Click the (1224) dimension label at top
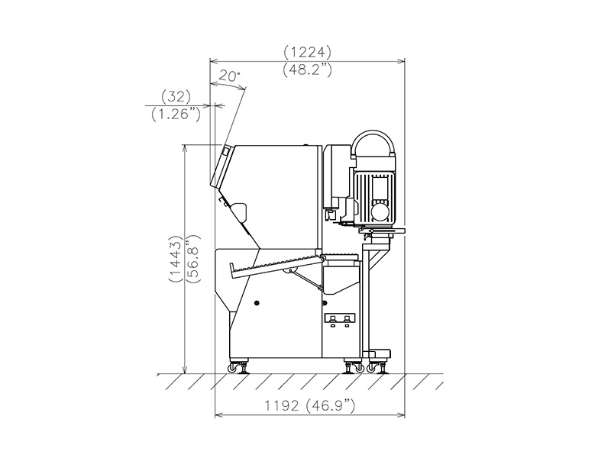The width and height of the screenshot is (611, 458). pos(308,52)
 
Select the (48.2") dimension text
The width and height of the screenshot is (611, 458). pos(308,70)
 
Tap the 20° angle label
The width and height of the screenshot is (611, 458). pos(230,76)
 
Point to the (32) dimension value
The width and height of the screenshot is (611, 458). pos(176,97)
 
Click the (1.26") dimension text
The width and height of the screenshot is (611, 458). pos(176,114)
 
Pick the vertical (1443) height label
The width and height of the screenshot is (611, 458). pos(176,259)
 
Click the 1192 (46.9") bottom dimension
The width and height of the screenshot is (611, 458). pos(310,406)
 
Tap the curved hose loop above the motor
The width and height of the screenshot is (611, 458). pos(373,134)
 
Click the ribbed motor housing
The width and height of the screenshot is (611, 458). pos(373,191)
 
